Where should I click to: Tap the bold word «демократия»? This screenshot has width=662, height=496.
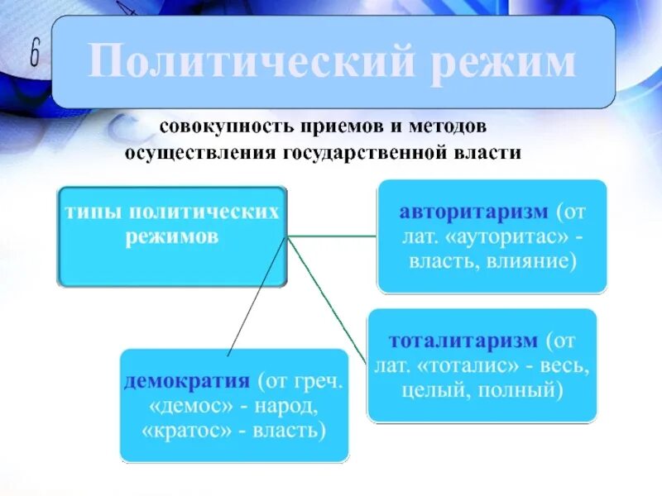[187, 382]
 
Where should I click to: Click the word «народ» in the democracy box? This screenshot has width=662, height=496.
[286, 407]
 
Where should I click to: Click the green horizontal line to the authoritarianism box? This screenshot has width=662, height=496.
[331, 237]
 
